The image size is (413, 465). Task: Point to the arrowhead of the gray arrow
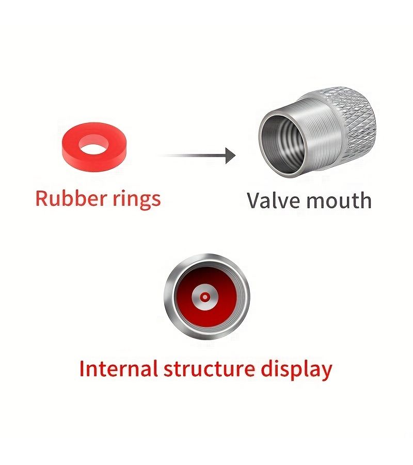point(230,156)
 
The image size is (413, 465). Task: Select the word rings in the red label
point(137,199)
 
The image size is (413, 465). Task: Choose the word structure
point(209,369)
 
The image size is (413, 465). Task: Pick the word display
point(296,370)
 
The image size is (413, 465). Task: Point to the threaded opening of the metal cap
point(284,143)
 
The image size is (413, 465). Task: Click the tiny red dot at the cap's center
point(205,297)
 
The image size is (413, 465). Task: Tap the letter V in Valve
point(254,200)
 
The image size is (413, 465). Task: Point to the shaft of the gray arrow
point(192,156)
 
